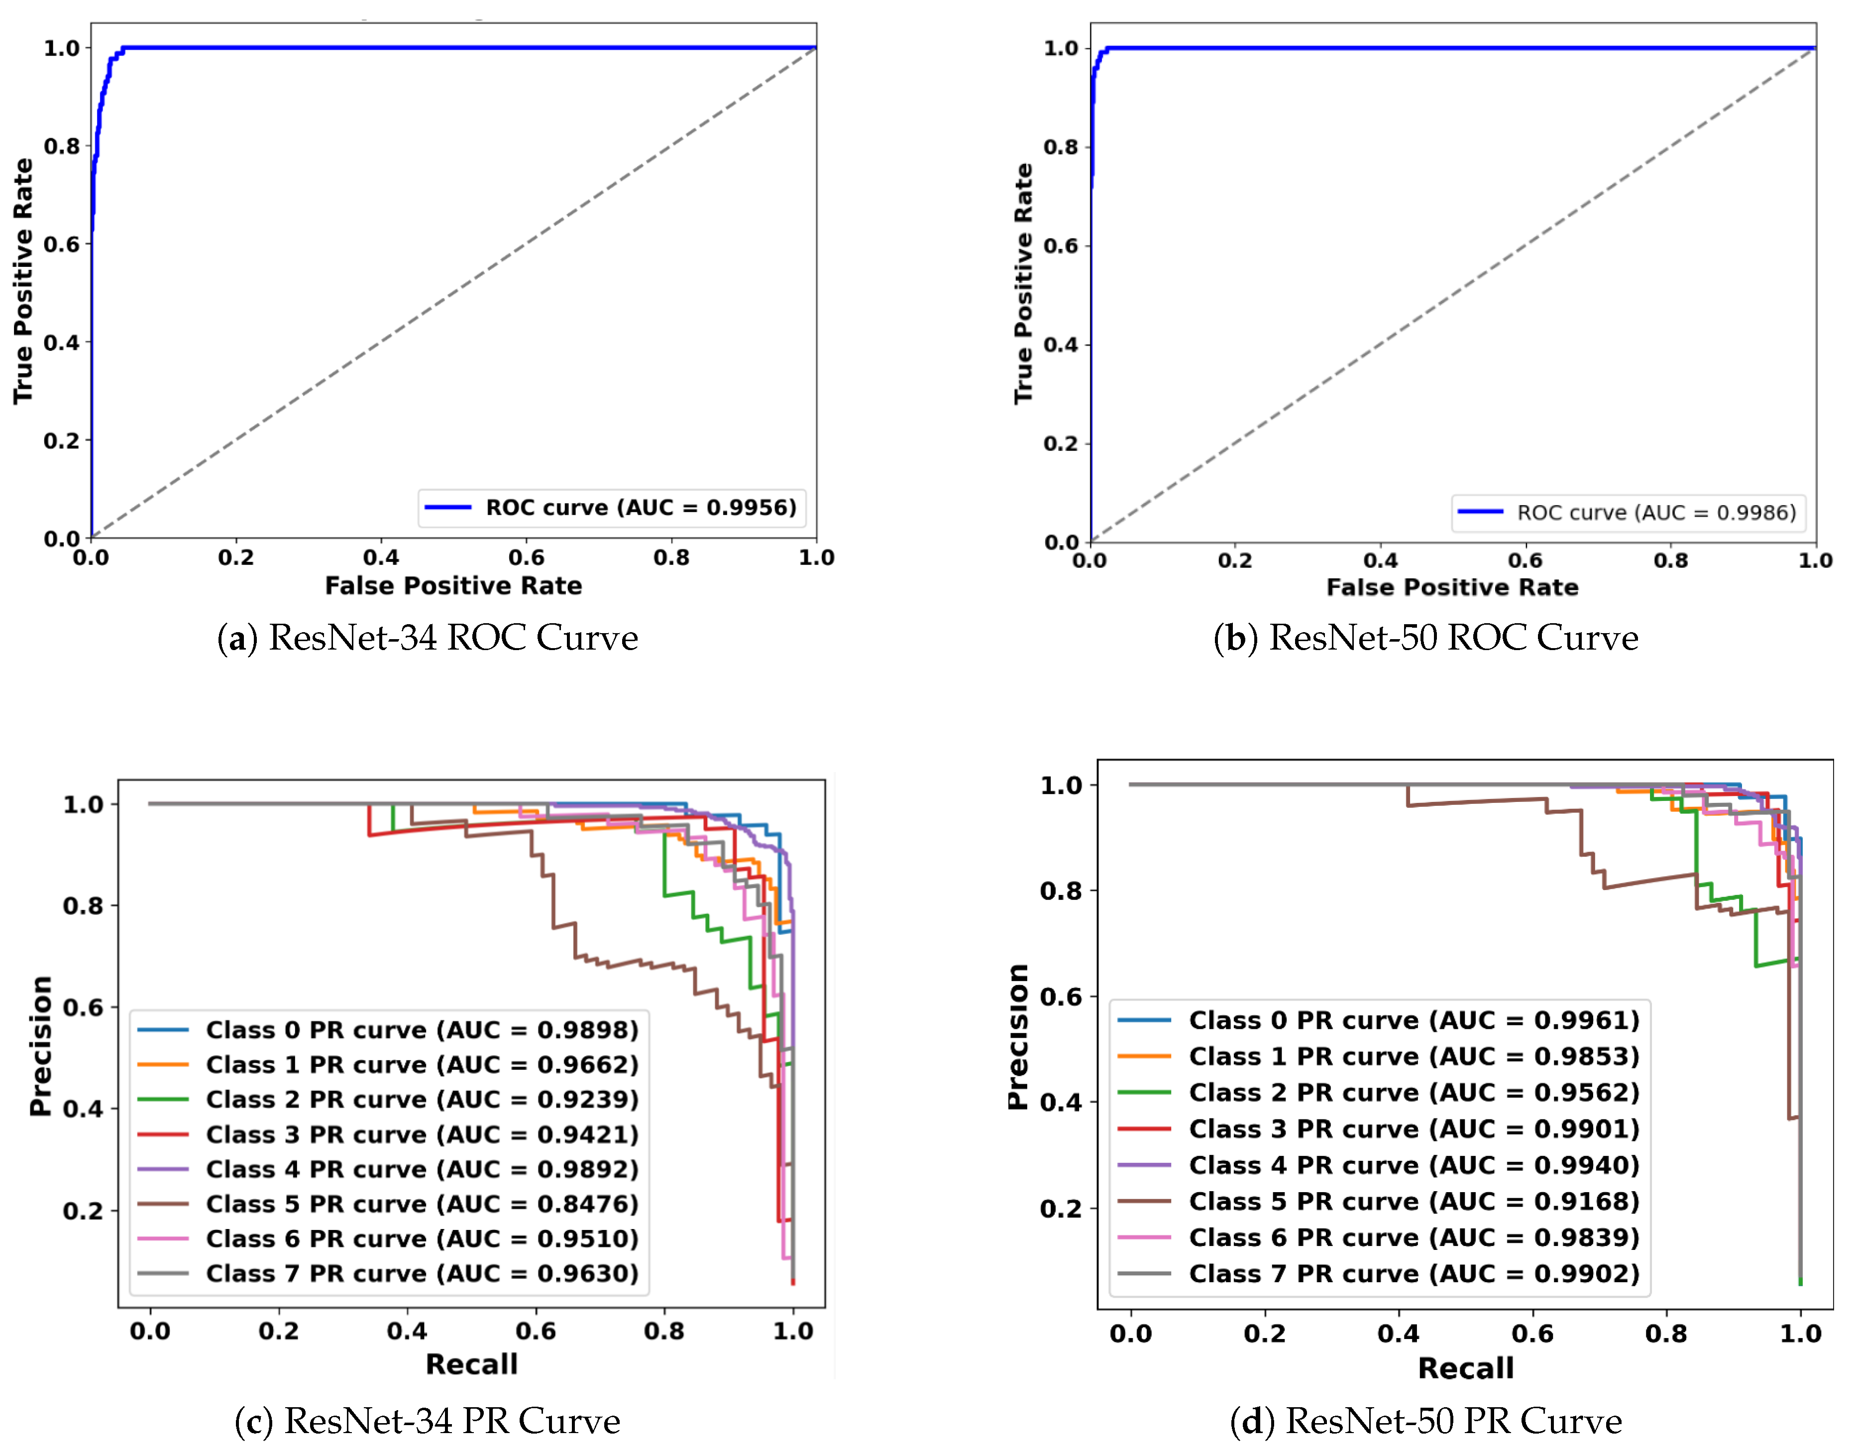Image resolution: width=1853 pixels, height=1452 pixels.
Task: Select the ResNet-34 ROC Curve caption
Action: [428, 638]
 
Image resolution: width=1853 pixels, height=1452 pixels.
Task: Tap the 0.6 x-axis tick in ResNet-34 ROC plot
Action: [526, 558]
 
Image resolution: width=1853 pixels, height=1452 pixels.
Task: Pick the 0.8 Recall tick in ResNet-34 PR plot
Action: [664, 1331]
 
